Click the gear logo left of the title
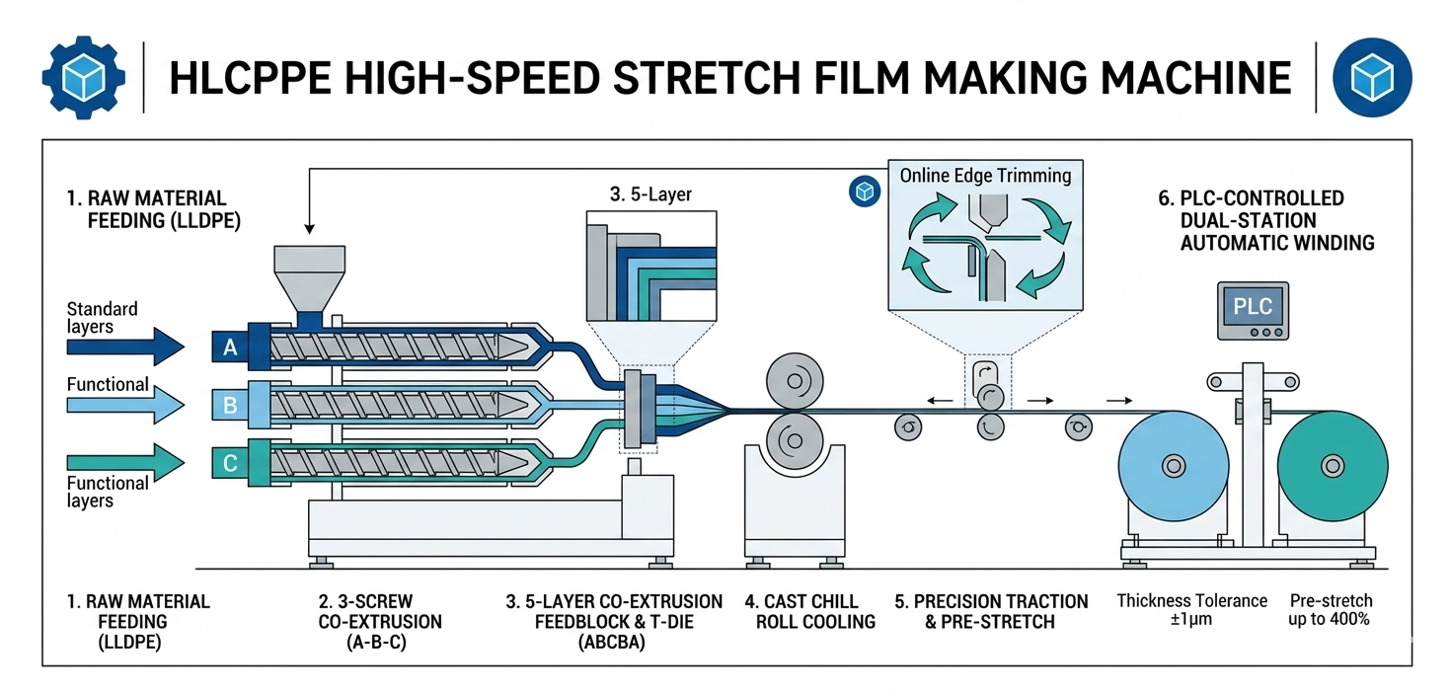click(x=84, y=77)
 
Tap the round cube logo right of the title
click(x=1373, y=78)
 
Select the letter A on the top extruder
click(x=230, y=346)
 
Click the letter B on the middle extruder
click(x=230, y=404)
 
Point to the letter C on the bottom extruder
click(x=230, y=462)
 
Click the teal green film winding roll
click(x=1333, y=465)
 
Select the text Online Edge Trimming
click(x=985, y=176)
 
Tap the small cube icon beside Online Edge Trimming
click(x=865, y=192)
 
